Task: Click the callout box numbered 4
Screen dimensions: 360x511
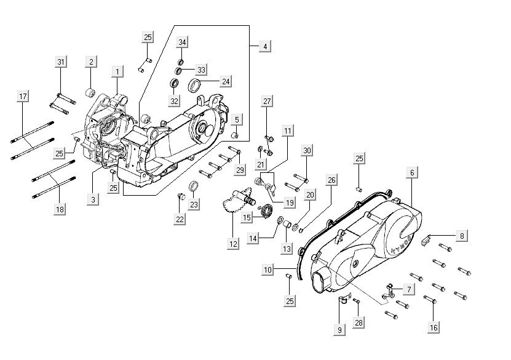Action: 265,46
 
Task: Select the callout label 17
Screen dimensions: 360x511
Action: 23,97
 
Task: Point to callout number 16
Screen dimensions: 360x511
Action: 434,327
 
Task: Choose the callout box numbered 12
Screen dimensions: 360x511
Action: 233,244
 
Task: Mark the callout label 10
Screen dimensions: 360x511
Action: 267,269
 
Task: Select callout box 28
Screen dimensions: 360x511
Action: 359,323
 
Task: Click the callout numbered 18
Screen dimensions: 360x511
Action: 60,210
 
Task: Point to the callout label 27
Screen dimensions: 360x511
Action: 267,101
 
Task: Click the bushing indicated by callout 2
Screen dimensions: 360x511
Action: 92,94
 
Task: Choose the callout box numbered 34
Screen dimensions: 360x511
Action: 183,42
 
